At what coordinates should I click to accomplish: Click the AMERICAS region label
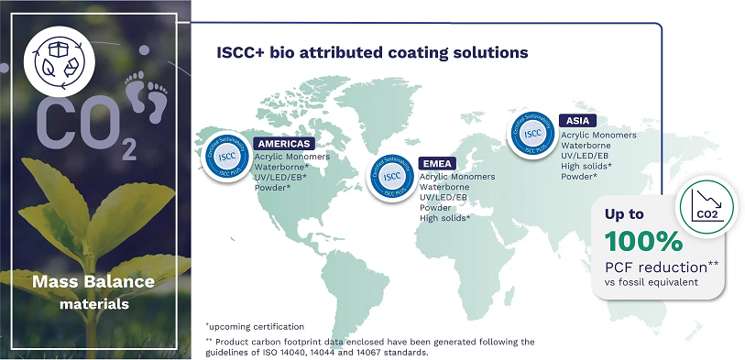click(x=284, y=144)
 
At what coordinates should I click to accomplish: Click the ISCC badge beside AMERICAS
click(x=225, y=157)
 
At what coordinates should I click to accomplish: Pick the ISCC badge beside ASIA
click(x=531, y=134)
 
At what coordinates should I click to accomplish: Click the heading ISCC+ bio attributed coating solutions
click(x=371, y=53)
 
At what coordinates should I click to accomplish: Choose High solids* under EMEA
click(x=444, y=218)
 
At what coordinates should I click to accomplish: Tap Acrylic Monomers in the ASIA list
click(x=598, y=135)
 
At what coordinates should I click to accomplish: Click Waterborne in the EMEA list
click(x=444, y=187)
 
